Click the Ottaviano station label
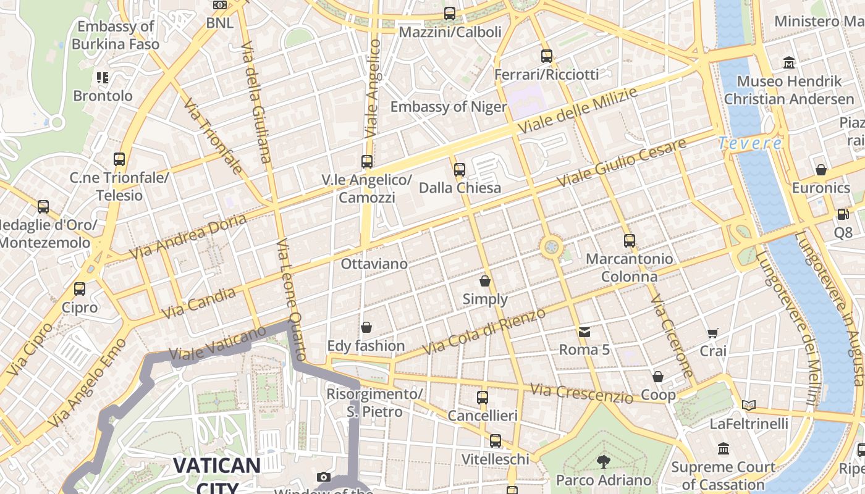(374, 264)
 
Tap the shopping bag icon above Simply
(485, 281)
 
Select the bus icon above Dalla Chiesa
(459, 169)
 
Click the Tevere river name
(750, 143)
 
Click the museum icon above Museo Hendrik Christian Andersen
(789, 63)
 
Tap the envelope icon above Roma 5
(584, 332)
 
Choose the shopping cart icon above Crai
(713, 333)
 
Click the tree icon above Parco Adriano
(603, 461)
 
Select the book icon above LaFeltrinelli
(749, 406)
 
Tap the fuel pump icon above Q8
(843, 214)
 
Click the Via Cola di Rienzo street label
(484, 332)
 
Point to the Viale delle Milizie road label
(578, 111)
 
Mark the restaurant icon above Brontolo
(103, 78)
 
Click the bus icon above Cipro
(80, 288)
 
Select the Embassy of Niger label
(449, 106)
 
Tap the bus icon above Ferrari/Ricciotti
(547, 56)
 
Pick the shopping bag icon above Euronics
(821, 169)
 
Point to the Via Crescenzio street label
(582, 393)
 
